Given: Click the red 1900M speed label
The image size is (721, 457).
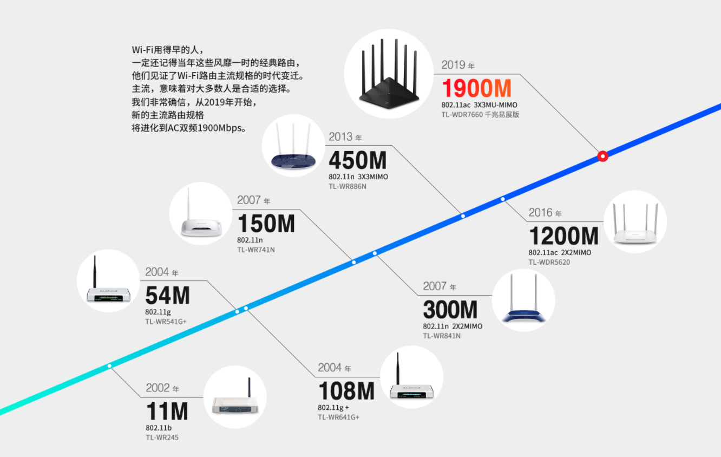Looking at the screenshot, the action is [476, 88].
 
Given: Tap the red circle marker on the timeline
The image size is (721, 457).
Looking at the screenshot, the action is [602, 156].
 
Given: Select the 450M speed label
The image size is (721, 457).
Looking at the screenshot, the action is [357, 160].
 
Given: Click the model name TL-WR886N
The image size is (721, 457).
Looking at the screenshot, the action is [348, 186].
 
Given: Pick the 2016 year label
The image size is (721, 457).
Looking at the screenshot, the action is [545, 213].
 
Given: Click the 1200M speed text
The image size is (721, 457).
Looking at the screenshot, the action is [563, 236].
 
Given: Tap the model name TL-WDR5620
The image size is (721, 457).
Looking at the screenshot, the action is [549, 262].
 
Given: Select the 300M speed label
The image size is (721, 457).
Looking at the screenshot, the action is [450, 310].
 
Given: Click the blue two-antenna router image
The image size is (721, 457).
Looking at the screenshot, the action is [523, 299].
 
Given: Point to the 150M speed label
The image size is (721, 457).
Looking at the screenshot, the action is [266, 224].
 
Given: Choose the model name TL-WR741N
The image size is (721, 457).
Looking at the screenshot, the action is [256, 250].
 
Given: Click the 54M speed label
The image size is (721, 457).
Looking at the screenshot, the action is [167, 295].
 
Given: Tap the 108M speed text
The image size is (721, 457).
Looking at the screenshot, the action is [346, 391].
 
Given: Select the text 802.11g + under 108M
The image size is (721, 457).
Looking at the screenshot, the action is [333, 408].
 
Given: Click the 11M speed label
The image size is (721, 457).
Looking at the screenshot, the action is [167, 412].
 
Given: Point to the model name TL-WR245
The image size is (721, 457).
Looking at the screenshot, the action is [162, 438].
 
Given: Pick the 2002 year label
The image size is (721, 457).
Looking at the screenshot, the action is [162, 388].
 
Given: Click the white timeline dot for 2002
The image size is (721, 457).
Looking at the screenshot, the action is [110, 366].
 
